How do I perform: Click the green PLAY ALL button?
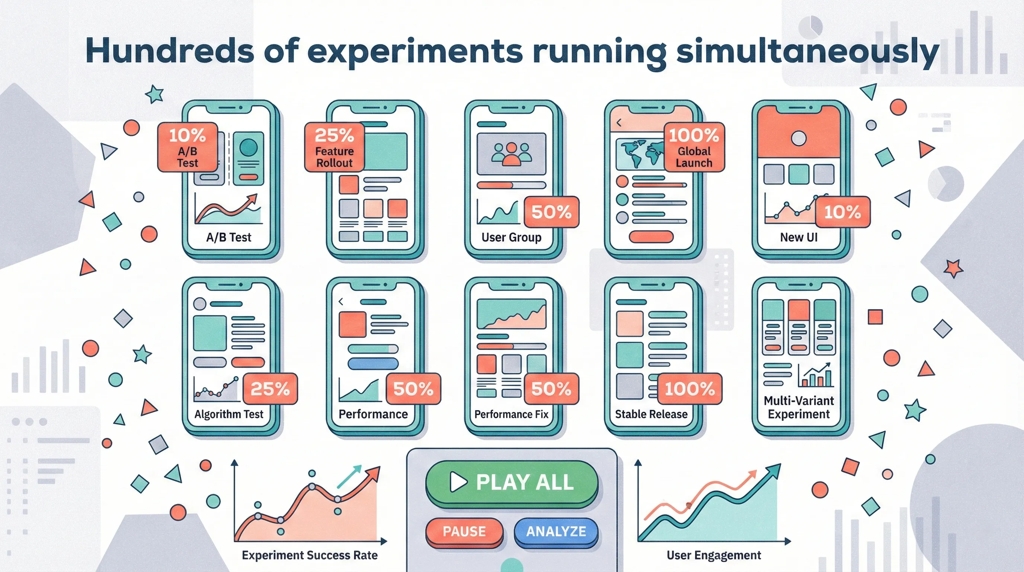tap(512, 483)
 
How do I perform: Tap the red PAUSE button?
tap(464, 531)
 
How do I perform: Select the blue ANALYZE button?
tap(556, 531)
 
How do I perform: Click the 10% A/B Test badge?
tap(188, 147)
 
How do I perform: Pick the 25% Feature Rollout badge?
tap(334, 147)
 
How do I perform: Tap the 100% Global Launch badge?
tap(694, 147)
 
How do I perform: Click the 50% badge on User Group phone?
tap(551, 212)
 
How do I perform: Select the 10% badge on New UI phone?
tap(843, 212)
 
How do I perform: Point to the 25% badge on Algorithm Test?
tap(270, 389)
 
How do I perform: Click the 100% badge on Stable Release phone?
tap(690, 389)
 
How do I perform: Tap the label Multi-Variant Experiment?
tap(799, 407)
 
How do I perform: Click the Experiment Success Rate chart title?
tap(310, 555)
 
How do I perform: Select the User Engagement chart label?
tap(714, 555)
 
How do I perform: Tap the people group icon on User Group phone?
tap(512, 154)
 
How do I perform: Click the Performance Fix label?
tap(511, 414)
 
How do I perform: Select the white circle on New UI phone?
tap(799, 139)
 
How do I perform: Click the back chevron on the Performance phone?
tap(341, 302)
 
